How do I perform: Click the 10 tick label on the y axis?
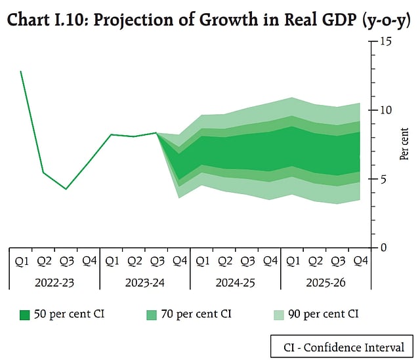[x=383, y=110]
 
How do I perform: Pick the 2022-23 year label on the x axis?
[x=54, y=283]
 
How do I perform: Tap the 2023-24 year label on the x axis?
[x=144, y=283]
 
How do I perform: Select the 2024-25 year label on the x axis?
[x=235, y=283]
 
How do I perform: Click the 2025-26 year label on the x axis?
[x=325, y=283]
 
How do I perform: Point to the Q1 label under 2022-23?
[x=21, y=261]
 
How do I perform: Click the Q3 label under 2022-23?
[x=66, y=261]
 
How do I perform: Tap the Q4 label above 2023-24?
[x=179, y=261]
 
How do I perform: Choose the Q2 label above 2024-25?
[x=224, y=261]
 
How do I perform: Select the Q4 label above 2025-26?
[x=360, y=261]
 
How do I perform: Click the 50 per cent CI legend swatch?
[x=25, y=315]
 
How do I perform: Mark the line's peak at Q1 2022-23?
[x=21, y=71]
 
